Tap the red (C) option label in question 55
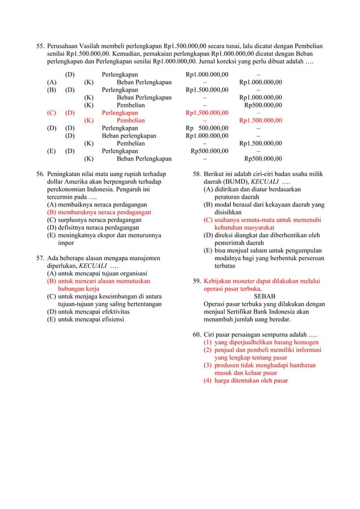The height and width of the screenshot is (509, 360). coord(51,112)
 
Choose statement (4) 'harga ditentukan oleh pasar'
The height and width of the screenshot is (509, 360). coord(251,381)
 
